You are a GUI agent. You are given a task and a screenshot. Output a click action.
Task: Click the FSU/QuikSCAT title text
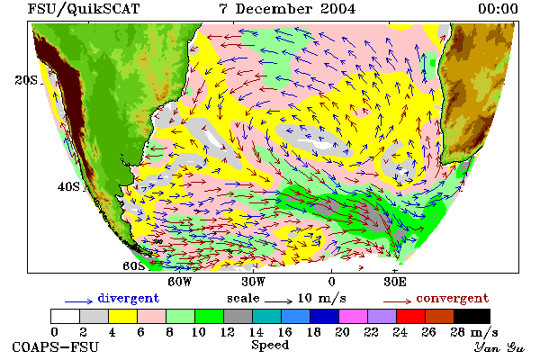(84, 9)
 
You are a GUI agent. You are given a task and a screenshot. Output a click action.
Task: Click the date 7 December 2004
(287, 9)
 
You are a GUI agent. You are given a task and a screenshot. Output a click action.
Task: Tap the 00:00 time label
(498, 9)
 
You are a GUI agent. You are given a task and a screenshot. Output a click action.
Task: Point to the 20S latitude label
(26, 80)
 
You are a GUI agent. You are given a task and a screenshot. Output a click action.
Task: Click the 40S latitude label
(68, 186)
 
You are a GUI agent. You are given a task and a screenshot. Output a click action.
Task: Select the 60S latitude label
(134, 265)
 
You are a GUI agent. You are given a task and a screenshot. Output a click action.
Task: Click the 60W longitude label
(179, 282)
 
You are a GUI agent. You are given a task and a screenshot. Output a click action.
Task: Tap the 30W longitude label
(253, 282)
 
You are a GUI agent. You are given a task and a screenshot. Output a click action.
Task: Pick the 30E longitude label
(395, 282)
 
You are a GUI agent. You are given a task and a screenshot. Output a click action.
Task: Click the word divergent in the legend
(129, 298)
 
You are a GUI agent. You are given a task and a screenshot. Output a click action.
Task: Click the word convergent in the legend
(453, 298)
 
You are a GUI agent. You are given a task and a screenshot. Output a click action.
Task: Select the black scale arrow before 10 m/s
(278, 301)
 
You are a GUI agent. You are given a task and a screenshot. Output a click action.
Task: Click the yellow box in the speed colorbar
(122, 316)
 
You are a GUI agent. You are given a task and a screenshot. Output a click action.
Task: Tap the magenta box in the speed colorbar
(353, 316)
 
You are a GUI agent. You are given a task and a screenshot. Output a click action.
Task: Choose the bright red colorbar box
(410, 316)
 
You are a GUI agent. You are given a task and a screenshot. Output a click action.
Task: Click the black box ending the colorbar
(472, 316)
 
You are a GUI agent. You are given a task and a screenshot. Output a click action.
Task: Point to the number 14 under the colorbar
(256, 332)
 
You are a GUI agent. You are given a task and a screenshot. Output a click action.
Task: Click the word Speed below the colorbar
(270, 346)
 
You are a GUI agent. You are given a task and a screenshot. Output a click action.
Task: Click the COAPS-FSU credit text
(56, 346)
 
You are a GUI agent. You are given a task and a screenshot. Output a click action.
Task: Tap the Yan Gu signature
(499, 346)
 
